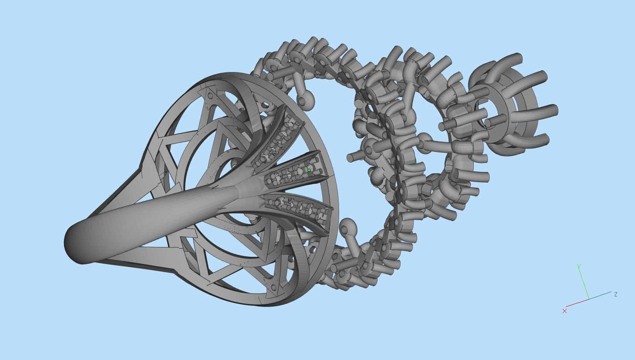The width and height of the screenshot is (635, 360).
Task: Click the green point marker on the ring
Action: click(309, 170)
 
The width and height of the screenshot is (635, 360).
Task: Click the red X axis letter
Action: click(565, 311)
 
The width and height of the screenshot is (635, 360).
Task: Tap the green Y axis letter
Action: click(579, 267)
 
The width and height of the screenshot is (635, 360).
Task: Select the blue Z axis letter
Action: click(616, 294)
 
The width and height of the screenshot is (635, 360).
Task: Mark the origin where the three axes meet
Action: click(589, 299)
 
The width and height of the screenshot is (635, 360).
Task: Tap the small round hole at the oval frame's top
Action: click(266, 105)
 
